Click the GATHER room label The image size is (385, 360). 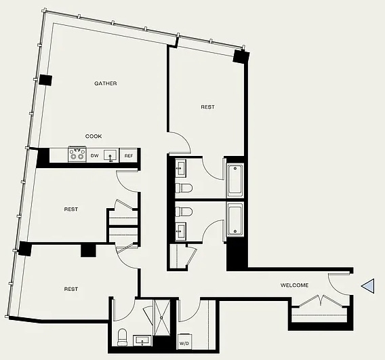(x=106, y=83)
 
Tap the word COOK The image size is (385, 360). (x=94, y=136)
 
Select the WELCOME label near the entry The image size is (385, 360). (x=294, y=285)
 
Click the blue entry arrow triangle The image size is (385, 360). (x=368, y=286)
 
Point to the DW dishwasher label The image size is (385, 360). (x=94, y=156)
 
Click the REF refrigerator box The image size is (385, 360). (x=128, y=155)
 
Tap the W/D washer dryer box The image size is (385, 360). (x=184, y=341)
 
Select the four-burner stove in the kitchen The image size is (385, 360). (x=77, y=154)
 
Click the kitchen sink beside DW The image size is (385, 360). (x=110, y=155)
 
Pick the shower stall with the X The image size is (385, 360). (x=161, y=317)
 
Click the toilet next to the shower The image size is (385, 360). (x=122, y=337)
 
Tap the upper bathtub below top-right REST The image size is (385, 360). (x=235, y=180)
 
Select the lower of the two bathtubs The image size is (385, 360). (x=235, y=219)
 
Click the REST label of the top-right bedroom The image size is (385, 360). (x=207, y=107)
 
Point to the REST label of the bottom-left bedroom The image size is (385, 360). (x=71, y=289)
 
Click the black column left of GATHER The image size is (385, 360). (x=45, y=80)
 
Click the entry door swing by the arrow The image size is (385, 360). (x=338, y=284)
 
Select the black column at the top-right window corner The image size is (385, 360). (x=241, y=57)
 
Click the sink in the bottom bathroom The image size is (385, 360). (x=142, y=341)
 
